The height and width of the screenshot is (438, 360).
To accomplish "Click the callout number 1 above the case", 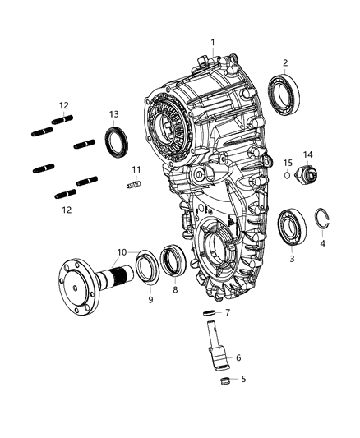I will [212, 42].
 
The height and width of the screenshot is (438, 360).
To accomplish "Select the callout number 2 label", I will [284, 62].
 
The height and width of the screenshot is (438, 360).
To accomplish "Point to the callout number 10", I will [121, 251].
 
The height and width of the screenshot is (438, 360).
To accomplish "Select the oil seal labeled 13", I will [116, 140].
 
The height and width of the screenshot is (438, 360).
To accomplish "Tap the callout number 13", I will [114, 113].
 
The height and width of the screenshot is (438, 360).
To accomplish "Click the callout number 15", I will [288, 163].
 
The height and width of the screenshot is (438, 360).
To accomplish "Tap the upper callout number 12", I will [63, 104].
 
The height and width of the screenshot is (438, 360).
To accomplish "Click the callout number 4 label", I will [322, 243].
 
